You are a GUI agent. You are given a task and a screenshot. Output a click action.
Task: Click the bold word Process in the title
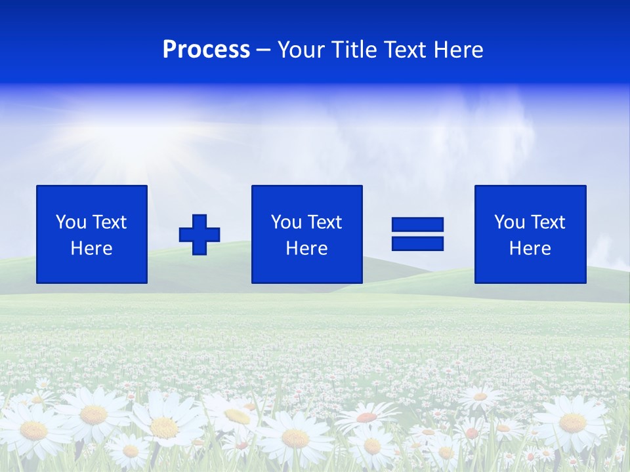[x=206, y=50]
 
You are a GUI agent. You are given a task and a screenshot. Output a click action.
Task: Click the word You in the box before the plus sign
[x=70, y=222]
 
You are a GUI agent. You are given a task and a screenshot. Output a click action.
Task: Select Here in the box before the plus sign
[x=91, y=248]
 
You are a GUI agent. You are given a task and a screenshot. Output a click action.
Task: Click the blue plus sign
[x=199, y=234]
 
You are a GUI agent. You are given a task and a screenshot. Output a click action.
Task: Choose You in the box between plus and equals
[x=285, y=222]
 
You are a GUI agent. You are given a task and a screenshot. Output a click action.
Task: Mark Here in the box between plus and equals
[x=306, y=248]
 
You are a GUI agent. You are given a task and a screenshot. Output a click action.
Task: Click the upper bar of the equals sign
[x=417, y=225]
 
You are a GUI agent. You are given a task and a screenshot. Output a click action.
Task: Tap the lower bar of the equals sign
[x=417, y=243]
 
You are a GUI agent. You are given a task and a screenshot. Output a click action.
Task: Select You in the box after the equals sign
[x=509, y=222]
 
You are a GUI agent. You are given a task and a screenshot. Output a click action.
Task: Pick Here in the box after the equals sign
[x=530, y=248]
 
